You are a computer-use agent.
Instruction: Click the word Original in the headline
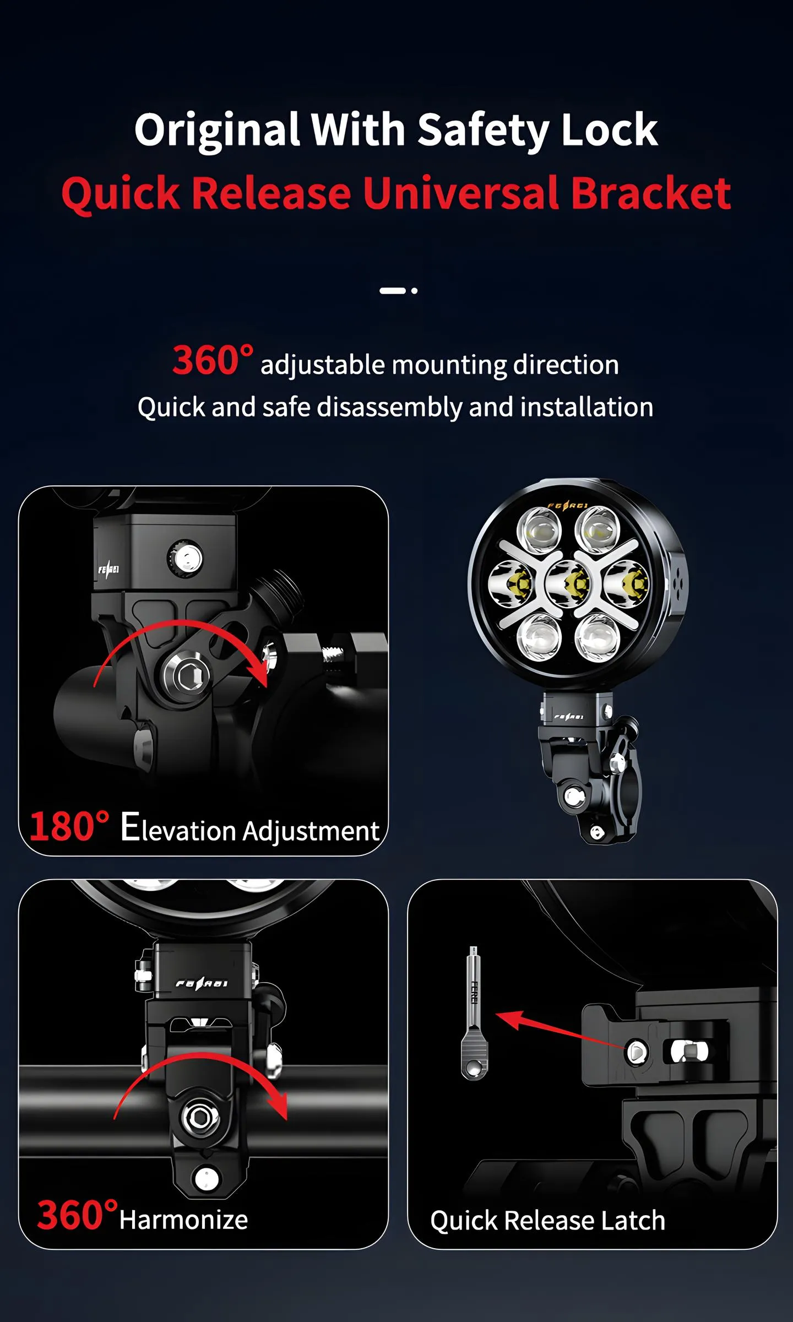217,131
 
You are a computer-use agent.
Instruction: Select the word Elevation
178,828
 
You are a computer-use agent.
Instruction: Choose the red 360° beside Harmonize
77,1215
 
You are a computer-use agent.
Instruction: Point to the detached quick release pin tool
474,1014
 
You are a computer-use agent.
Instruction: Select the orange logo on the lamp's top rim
568,506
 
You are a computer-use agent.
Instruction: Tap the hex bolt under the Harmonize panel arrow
200,1118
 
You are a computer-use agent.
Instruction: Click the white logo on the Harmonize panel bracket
202,983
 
